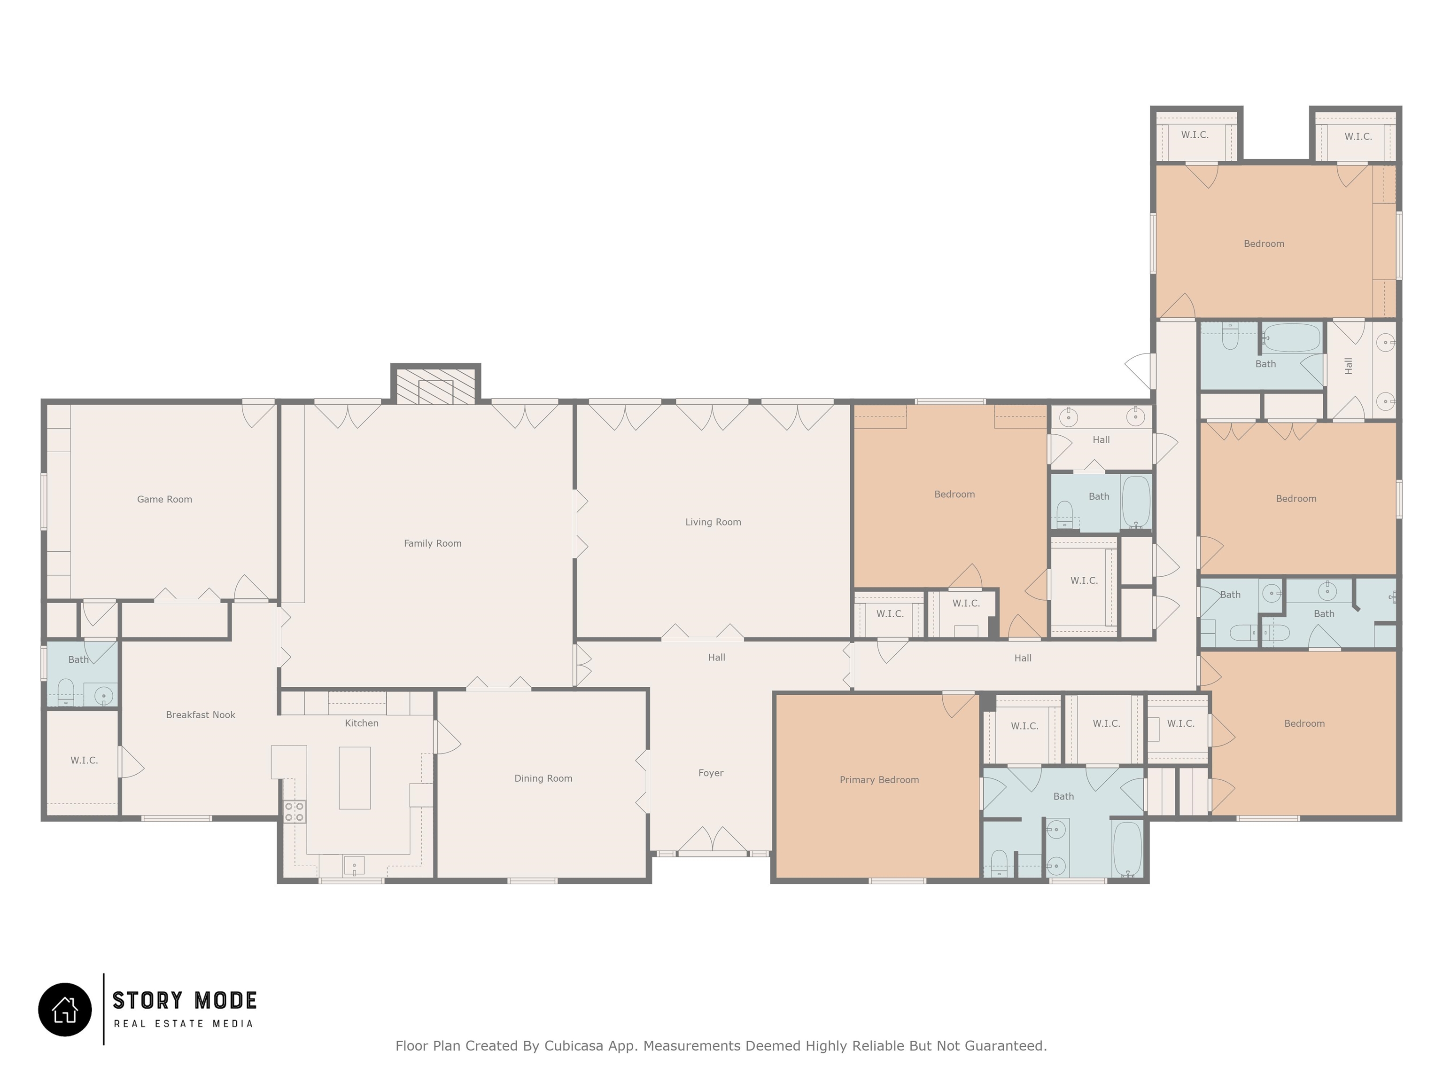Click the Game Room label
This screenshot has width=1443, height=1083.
[164, 499]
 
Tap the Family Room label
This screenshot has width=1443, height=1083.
[433, 543]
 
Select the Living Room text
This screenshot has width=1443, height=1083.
[713, 522]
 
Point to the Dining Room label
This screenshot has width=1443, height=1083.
[543, 778]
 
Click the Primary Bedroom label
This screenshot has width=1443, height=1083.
[879, 779]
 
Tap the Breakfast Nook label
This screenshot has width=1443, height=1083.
[200, 715]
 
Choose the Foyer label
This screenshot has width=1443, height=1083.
[711, 773]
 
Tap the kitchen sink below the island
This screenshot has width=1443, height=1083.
[354, 866]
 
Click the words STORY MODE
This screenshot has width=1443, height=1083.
[185, 1001]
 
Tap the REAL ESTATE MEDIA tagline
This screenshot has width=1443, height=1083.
[183, 1024]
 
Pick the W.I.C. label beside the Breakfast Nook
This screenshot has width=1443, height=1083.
[84, 761]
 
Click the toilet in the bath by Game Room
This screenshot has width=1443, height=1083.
[66, 692]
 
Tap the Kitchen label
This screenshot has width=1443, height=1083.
[361, 723]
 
